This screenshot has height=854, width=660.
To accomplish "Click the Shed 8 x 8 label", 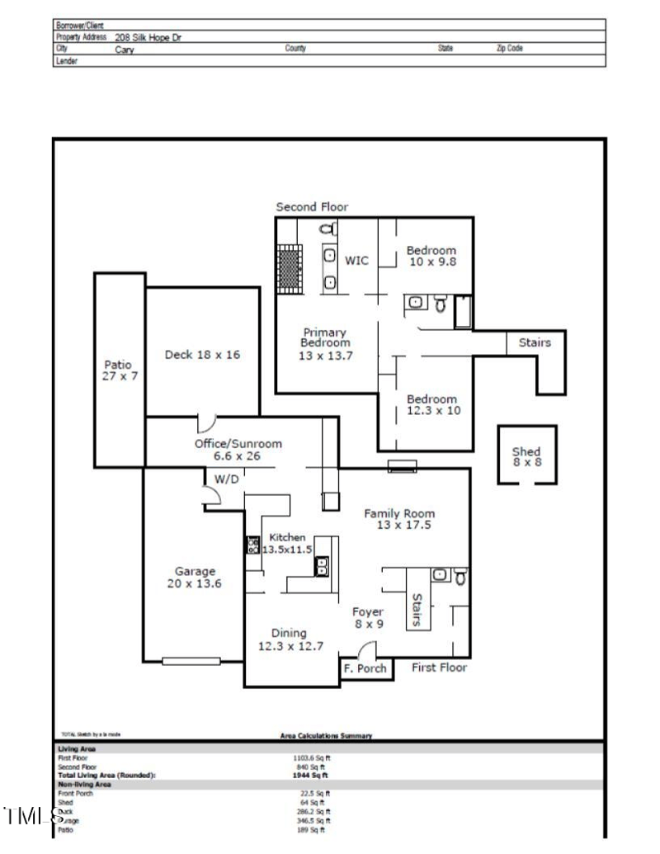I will [526, 456].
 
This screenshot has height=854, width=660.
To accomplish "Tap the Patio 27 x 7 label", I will [117, 370].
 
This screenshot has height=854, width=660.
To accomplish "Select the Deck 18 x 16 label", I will [202, 355].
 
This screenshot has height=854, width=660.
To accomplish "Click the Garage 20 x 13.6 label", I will [195, 577].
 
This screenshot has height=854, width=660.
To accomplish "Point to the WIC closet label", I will [356, 261].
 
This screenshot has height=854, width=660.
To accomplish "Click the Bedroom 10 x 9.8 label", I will [431, 256].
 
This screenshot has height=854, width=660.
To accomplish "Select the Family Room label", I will [399, 519].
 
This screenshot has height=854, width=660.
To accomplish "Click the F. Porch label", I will [365, 668].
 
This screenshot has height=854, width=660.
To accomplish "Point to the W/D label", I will [224, 479].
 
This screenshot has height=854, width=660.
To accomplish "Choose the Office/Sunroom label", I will [238, 449].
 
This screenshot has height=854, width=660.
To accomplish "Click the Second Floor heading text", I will [312, 207].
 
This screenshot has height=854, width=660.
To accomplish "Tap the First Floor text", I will [439, 668].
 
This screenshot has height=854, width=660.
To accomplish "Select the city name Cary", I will [125, 50].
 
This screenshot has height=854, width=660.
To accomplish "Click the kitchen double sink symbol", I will [320, 566].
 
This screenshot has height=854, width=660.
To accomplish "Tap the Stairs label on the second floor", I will [535, 342].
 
